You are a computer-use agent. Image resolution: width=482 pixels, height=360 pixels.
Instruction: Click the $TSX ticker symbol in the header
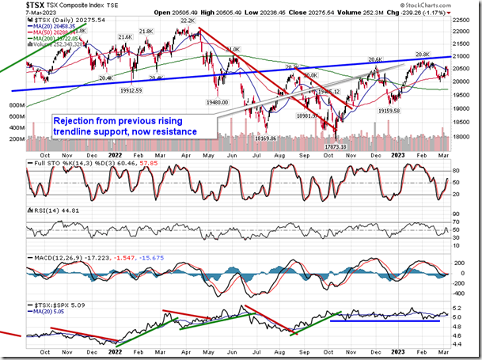[x=13, y=5]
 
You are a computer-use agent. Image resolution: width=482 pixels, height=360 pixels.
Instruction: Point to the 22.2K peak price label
[x=187, y=25]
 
